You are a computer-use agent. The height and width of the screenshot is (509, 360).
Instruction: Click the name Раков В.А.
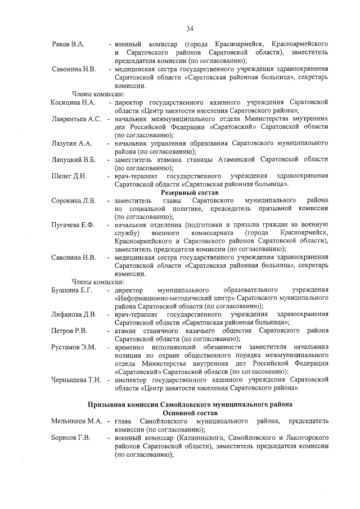point(67,44)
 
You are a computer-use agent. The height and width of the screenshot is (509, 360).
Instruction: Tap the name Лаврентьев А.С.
point(76,119)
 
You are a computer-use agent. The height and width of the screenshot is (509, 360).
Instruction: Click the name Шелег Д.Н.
point(69,176)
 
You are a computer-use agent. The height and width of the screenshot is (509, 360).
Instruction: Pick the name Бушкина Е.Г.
point(71,290)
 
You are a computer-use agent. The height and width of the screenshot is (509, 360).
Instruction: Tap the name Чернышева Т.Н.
point(76,380)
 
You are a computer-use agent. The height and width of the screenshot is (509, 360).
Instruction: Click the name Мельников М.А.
point(76,421)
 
